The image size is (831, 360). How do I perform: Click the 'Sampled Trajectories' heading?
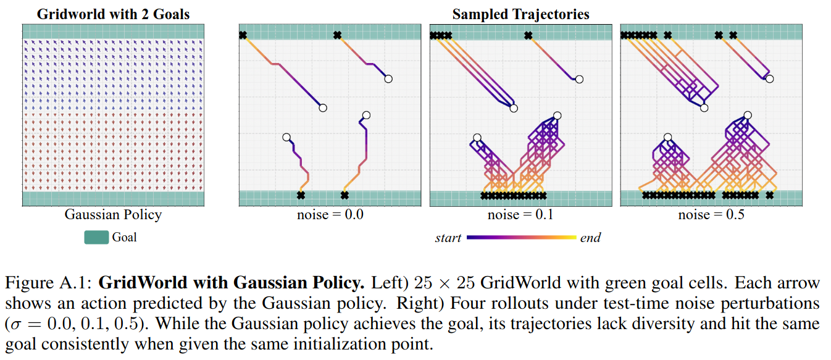[x=520, y=14]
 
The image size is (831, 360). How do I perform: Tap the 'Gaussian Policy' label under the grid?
[x=113, y=215]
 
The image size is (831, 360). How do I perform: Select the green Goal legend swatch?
[x=96, y=237]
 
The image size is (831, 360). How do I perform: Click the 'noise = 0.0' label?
[x=330, y=215]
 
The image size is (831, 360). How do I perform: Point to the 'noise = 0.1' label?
[x=520, y=215]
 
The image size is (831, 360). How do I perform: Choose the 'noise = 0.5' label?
[x=711, y=215]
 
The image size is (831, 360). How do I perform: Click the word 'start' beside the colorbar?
[x=448, y=238]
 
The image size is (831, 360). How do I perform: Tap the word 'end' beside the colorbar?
[x=590, y=238]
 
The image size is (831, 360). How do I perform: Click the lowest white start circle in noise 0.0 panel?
[x=286, y=137]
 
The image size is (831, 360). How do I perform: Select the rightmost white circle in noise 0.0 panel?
[x=388, y=79]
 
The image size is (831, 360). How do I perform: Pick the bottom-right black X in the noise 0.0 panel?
[x=345, y=196]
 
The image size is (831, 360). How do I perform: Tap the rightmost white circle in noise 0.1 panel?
[x=579, y=79]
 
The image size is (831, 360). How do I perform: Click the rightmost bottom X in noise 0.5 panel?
[x=769, y=196]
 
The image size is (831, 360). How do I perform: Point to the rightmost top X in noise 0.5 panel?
[x=733, y=35]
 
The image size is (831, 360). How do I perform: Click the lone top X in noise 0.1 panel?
[x=528, y=35]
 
